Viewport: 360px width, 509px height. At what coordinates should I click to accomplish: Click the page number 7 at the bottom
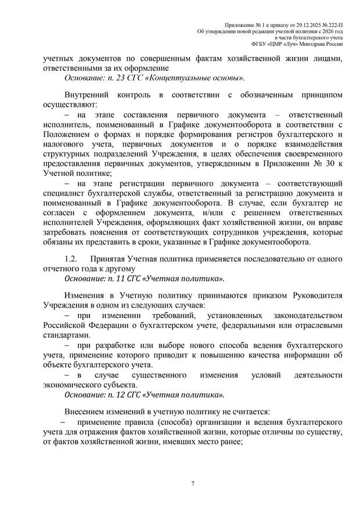click(192, 483)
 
